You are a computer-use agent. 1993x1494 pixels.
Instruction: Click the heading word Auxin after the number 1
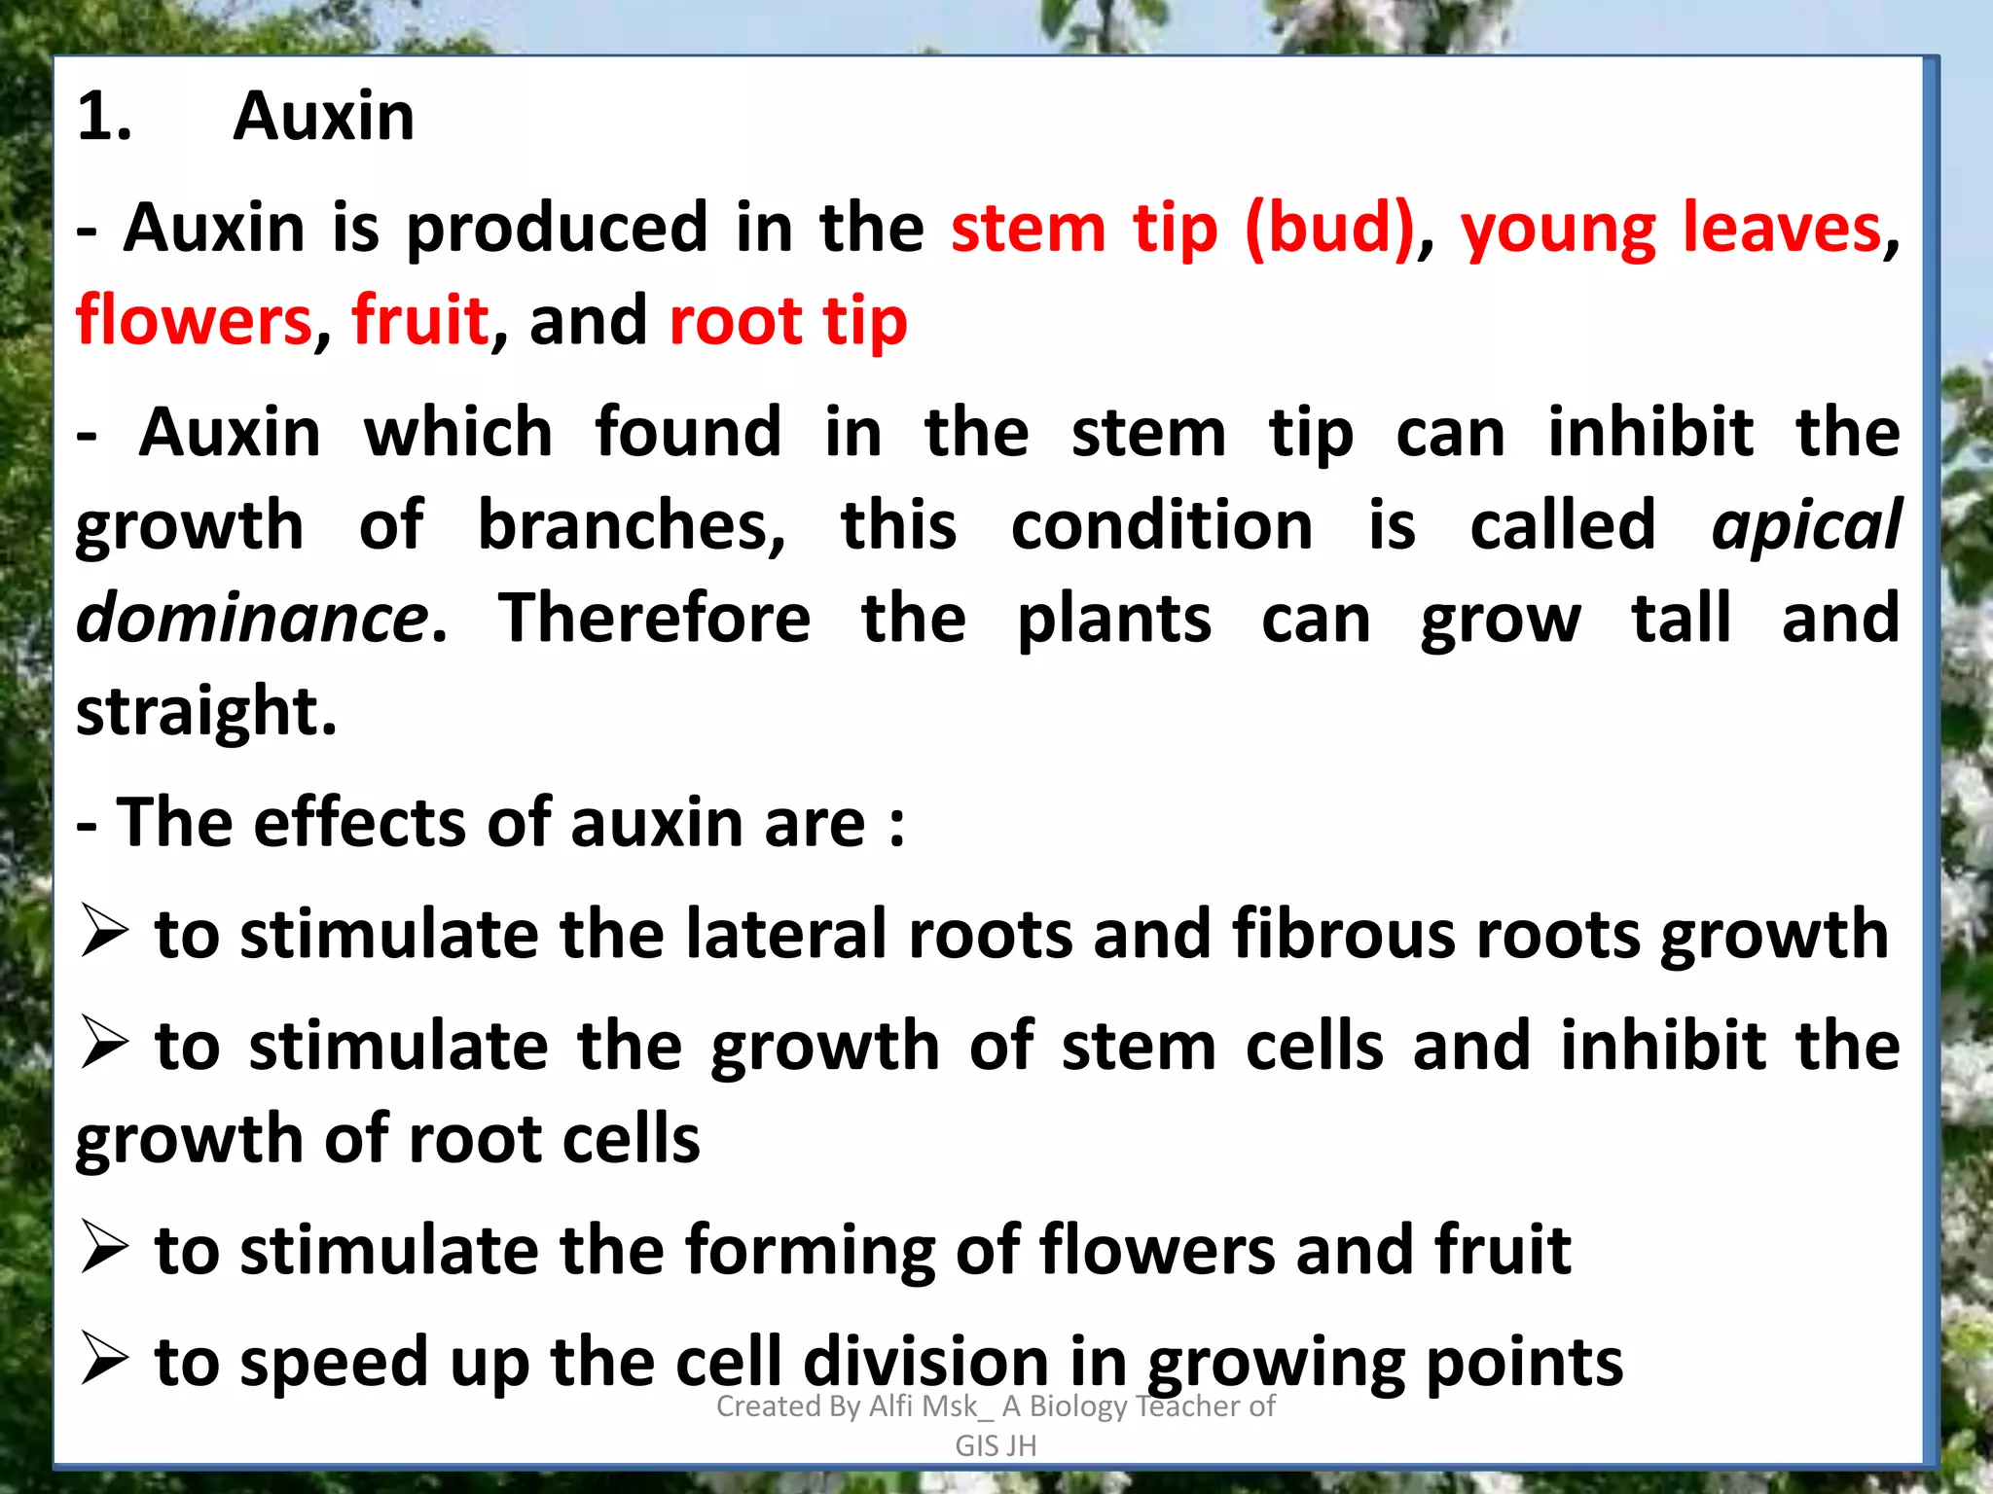(323, 117)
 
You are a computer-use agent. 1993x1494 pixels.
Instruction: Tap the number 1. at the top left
(104, 117)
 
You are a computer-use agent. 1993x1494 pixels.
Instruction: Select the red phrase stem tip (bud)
(1181, 229)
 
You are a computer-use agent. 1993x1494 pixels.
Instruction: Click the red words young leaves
(1671, 229)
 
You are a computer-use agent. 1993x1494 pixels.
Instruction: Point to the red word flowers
(194, 321)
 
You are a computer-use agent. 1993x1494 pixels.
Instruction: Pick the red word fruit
(419, 321)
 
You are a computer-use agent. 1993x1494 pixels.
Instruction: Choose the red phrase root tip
(788, 321)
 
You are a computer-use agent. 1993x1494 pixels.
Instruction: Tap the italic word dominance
(251, 619)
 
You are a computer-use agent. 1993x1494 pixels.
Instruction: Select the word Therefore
(654, 619)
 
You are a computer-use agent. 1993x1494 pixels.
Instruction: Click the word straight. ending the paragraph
(205, 711)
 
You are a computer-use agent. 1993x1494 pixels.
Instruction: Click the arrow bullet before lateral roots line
(104, 931)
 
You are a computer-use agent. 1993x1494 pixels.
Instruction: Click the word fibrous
(1343, 934)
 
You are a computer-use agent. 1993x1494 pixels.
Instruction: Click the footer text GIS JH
(996, 1446)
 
